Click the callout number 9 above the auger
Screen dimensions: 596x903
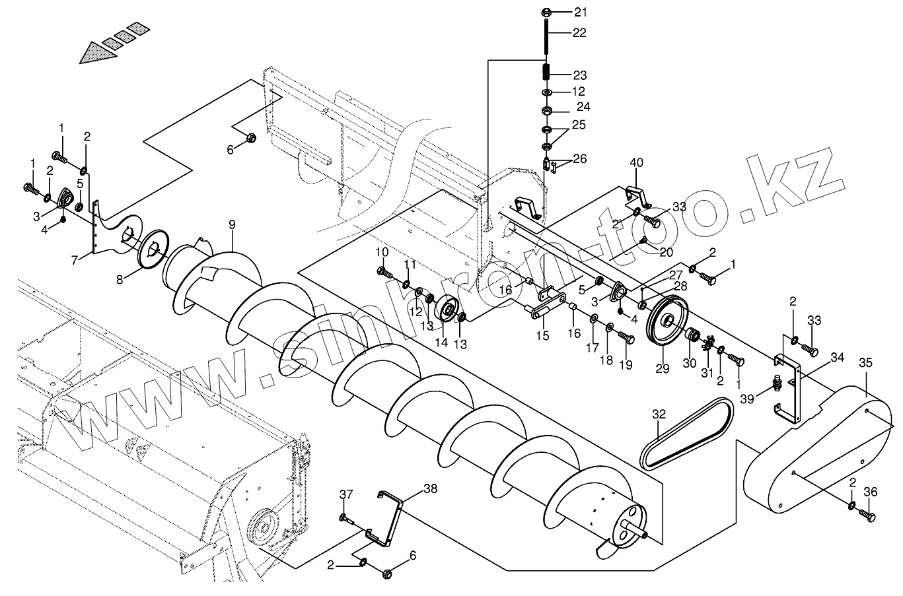[232, 224]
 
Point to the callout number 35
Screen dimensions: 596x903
[865, 362]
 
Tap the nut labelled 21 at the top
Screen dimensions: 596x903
[547, 12]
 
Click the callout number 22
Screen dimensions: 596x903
[579, 32]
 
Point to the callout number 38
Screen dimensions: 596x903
[430, 489]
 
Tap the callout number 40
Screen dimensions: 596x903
[635, 162]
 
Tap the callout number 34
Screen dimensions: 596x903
[838, 358]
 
